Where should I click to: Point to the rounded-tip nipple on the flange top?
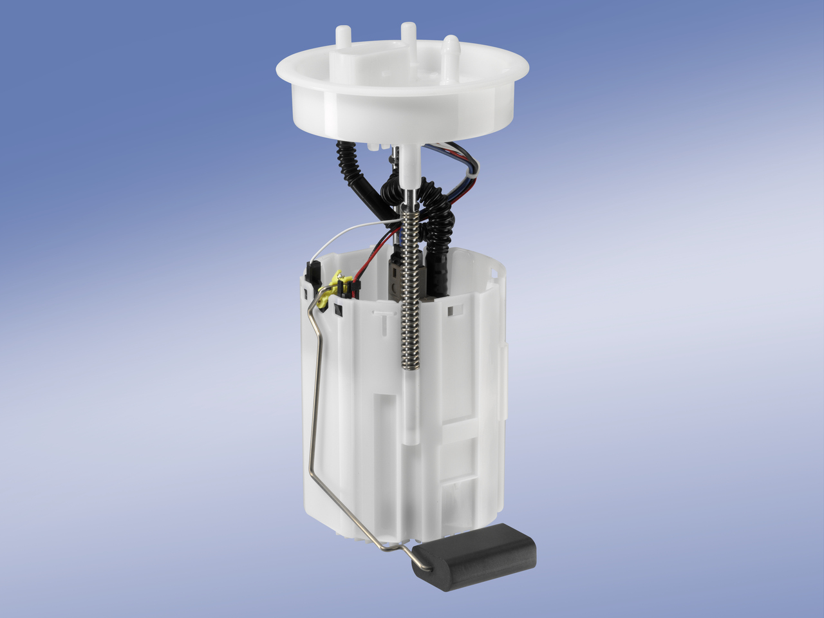451,46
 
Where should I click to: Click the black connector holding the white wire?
314,273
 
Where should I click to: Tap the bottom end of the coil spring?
410,365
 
